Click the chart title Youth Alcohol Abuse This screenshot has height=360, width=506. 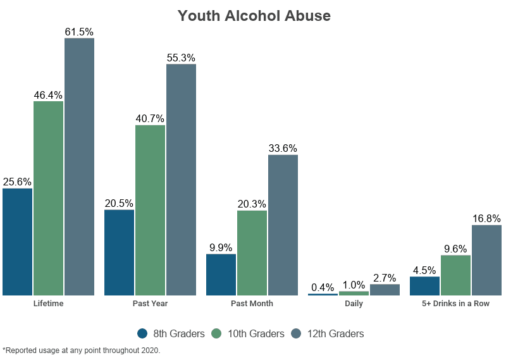(254, 16)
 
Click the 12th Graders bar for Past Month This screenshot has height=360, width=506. (283, 225)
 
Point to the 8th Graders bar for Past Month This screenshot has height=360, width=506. (221, 274)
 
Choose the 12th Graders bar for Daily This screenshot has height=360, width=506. (385, 290)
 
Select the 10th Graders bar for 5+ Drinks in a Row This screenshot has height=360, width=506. (455, 275)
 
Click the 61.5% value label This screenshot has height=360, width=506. (79, 31)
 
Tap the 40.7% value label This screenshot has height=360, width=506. (150, 118)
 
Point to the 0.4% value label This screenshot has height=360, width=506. (323, 287)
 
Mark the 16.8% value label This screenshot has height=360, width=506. (486, 218)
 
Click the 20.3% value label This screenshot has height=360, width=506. (252, 204)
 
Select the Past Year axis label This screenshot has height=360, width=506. (150, 304)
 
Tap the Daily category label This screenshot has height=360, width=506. (354, 304)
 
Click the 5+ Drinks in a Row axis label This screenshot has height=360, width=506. (455, 304)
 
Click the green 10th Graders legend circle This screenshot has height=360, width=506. (216, 333)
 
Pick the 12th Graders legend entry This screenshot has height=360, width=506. (328, 333)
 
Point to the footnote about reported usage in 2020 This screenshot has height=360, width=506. (82, 350)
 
